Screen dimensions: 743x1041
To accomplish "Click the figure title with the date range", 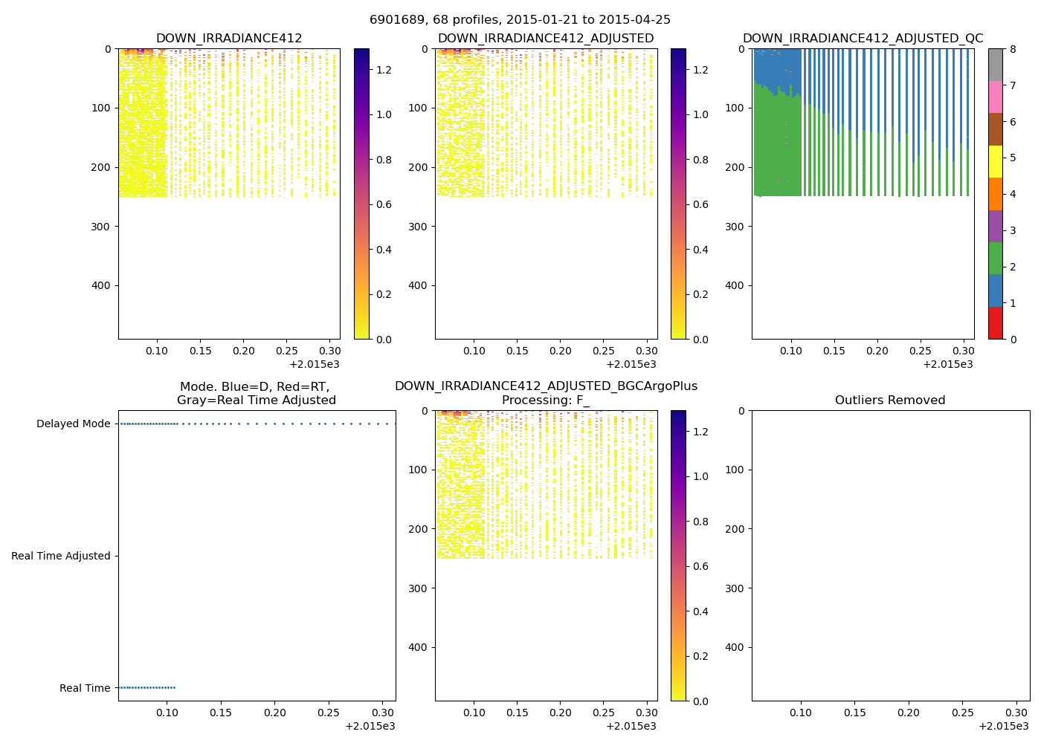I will point(520,20).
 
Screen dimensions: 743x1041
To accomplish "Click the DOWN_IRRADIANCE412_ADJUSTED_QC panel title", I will point(863,39).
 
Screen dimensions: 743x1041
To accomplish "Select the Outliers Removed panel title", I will point(890,400).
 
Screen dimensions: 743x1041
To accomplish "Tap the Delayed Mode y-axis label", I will point(73,424).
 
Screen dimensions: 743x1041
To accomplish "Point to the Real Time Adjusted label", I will point(60,557).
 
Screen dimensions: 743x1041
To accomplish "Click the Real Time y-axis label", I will point(85,689).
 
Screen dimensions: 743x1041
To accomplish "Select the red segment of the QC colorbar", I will point(996,323).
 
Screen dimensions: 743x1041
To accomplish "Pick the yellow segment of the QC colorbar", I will point(996,161).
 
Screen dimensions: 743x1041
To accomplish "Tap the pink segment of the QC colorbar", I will point(996,97).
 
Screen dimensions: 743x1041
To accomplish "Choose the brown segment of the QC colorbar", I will point(996,129).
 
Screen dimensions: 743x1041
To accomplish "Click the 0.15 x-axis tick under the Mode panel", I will point(221,713).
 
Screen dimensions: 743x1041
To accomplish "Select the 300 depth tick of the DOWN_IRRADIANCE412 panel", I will point(103,227).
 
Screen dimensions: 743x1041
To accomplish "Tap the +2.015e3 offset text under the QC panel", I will point(948,364).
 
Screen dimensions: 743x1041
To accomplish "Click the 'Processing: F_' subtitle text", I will point(546,400).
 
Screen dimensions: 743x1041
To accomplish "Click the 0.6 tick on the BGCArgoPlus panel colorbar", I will point(700,566).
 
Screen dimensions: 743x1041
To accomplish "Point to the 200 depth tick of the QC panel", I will point(736,167).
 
